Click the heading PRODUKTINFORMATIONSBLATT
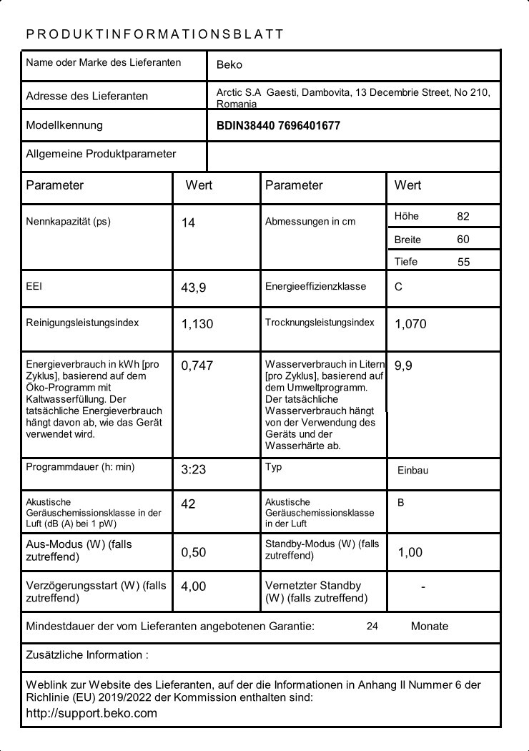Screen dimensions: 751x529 point(155,34)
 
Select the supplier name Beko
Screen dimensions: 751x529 point(229,64)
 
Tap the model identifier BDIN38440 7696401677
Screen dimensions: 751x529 point(278,126)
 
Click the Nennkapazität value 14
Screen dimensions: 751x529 point(188,223)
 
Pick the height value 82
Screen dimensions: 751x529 point(463,216)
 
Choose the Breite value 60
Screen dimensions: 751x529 point(463,240)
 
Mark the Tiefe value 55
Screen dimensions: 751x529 point(464,262)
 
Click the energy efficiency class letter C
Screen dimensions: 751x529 point(398,287)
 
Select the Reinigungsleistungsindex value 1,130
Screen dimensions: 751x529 point(197,324)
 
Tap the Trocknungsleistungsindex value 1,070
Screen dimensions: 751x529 point(410,324)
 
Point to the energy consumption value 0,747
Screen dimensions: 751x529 point(197,365)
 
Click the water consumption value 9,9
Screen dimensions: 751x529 point(403,365)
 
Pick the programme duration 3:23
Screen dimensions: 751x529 point(193,471)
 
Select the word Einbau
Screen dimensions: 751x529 point(412,471)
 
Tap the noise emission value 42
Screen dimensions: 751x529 point(188,504)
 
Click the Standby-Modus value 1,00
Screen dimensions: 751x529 point(410,552)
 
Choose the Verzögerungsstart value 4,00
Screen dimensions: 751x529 point(194,586)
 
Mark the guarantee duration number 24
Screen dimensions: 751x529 point(372,627)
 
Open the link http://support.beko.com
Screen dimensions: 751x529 point(92,713)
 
